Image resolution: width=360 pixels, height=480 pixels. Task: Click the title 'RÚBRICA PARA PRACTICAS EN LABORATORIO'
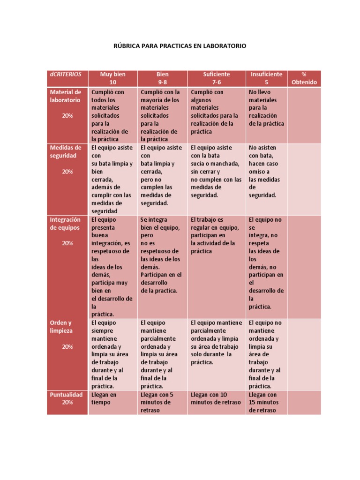(180, 46)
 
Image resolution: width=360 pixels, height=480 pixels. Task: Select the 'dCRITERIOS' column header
(65, 75)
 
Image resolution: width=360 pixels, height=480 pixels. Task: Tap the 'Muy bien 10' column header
(112, 78)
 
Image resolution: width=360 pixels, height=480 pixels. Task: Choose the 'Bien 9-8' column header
(163, 78)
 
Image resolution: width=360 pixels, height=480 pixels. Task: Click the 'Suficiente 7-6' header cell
(216, 78)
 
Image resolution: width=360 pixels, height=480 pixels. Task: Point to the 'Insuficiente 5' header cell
(266, 78)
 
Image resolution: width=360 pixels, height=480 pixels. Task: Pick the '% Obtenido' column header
(304, 78)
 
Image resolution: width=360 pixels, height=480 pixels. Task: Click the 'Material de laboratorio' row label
(66, 96)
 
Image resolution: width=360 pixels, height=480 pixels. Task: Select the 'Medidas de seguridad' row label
(66, 151)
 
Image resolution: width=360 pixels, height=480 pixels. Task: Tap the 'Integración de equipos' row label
(66, 224)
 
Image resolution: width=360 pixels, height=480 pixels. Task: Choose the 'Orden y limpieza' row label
(61, 327)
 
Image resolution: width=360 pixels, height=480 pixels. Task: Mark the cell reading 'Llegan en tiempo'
(112, 398)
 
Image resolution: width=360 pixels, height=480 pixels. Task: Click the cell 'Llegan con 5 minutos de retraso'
(162, 402)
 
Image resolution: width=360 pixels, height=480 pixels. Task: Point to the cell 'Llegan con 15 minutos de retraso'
(266, 402)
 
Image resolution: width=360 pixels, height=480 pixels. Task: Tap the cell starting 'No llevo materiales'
(266, 108)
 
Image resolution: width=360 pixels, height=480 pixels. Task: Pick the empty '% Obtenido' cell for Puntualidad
(304, 402)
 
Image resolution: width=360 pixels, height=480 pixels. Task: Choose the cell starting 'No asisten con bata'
(266, 172)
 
